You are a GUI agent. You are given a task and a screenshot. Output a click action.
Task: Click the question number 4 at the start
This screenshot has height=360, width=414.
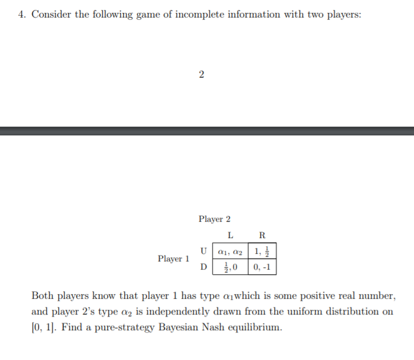click(22, 15)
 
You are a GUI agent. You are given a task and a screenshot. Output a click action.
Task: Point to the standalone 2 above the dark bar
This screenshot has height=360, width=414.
click(201, 74)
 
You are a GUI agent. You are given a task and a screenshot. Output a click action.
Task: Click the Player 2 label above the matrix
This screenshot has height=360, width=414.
click(214, 219)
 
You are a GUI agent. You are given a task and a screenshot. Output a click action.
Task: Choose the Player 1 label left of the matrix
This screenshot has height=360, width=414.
click(173, 258)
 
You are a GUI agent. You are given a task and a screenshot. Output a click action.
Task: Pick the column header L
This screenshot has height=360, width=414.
click(230, 236)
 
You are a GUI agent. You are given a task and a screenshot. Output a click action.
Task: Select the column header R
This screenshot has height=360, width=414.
click(261, 236)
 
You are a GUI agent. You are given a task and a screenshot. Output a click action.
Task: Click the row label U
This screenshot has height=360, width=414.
click(204, 251)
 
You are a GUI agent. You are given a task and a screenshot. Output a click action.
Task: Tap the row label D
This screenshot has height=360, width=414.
click(204, 267)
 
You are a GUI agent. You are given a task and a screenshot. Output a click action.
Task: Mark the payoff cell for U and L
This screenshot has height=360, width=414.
click(230, 251)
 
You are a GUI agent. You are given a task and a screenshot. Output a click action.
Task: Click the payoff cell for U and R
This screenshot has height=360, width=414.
click(262, 251)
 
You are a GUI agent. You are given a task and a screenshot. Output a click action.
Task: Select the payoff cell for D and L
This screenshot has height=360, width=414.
click(230, 267)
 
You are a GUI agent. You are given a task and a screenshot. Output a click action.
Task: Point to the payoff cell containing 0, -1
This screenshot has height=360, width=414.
click(262, 267)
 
